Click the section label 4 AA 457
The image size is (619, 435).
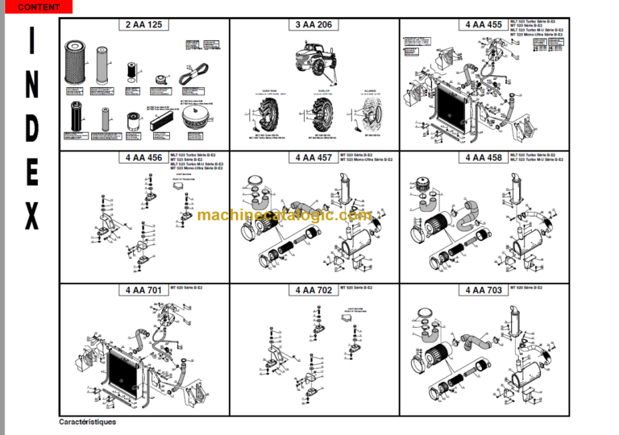point(314,158)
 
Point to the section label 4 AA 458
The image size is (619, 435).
point(484,158)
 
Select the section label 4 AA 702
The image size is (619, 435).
point(314,290)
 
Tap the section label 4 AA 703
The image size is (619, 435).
point(484,290)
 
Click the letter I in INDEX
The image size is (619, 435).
point(31,43)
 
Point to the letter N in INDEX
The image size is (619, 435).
point(31,86)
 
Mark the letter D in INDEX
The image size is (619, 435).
point(31,129)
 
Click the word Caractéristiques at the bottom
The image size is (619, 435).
point(87,422)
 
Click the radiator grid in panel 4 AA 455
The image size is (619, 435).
point(451,109)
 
